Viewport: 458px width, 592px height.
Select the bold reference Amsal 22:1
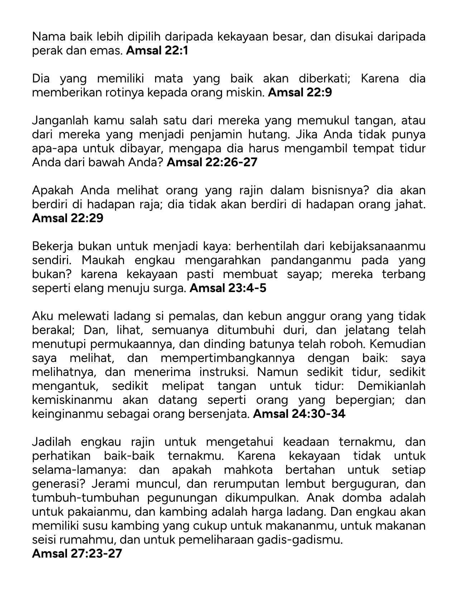pyautogui.click(x=157, y=51)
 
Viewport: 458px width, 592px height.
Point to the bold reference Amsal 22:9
pyautogui.click(x=300, y=93)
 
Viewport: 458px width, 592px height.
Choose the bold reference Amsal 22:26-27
pyautogui.click(x=212, y=162)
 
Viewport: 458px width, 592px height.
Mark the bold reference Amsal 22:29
pyautogui.click(x=68, y=218)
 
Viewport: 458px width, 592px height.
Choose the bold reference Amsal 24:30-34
pyautogui.click(x=299, y=414)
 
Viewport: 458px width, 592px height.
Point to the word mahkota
pyautogui.click(x=250, y=470)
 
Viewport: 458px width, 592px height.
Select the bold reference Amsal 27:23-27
pyautogui.click(x=77, y=554)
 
